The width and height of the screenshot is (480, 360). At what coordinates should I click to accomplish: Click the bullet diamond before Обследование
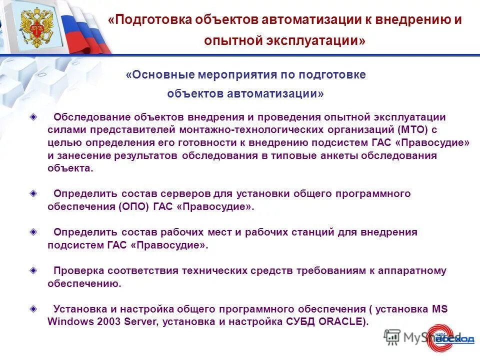tap(33, 117)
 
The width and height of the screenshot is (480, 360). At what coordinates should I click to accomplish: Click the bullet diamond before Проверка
tap(33, 270)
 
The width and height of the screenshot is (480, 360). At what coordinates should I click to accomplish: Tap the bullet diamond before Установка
tap(33, 308)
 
